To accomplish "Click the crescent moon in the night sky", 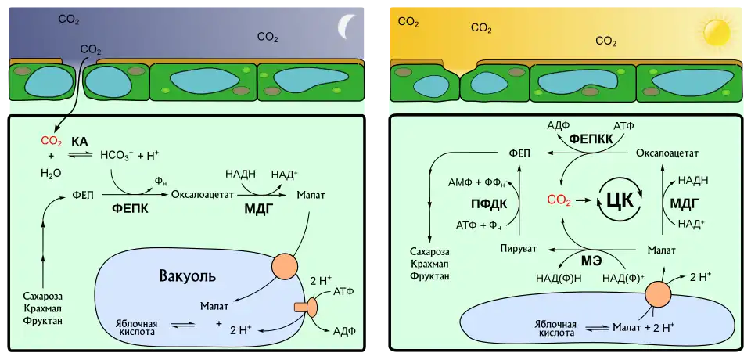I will click(345, 28).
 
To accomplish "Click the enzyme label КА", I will click(79, 141).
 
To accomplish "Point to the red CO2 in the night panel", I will click(52, 142).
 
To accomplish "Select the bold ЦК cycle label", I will click(619, 201).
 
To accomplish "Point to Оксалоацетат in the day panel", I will click(667, 152).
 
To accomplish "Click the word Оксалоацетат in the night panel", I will click(203, 194).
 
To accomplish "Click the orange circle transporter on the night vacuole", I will click(285, 266).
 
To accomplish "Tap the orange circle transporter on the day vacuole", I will click(658, 296).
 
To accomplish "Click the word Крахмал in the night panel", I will click(43, 309).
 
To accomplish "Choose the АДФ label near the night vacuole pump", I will click(344, 331).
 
